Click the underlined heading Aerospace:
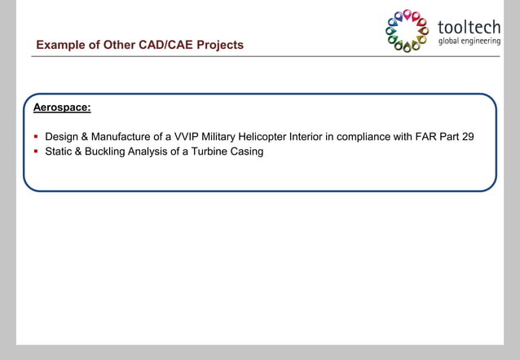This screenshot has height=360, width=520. [62, 107]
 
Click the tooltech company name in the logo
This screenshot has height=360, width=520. [469, 26]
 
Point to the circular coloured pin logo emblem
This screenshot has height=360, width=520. [407, 30]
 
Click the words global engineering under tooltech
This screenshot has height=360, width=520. [469, 41]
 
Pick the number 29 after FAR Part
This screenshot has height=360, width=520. [467, 136]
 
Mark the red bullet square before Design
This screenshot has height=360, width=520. [36, 136]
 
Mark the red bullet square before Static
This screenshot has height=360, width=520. [36, 151]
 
